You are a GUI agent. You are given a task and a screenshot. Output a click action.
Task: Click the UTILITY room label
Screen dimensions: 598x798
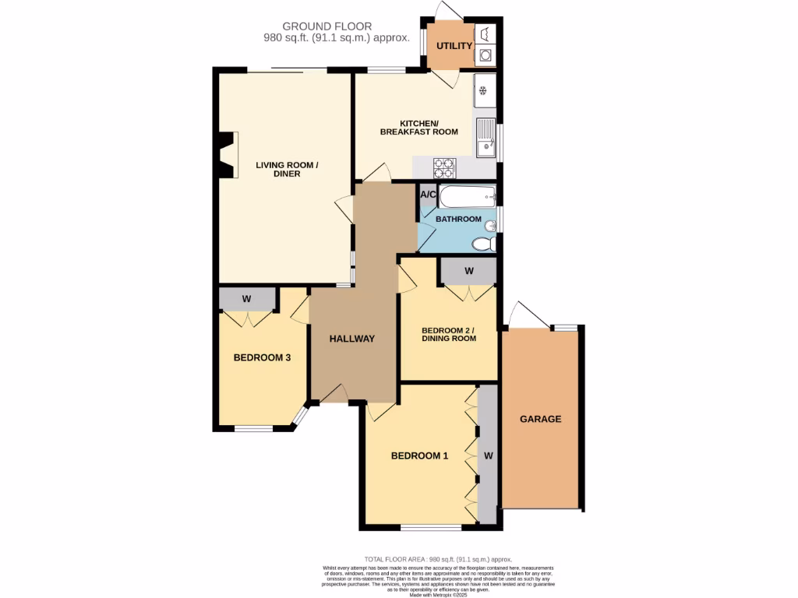454,46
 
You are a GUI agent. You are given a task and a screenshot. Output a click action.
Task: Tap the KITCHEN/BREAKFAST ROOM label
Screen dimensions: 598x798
418,128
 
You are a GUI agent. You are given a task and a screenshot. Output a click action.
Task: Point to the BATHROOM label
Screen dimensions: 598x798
458,220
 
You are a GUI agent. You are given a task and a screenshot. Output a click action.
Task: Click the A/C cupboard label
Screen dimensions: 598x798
428,195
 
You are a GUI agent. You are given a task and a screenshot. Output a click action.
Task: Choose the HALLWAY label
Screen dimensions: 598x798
351,339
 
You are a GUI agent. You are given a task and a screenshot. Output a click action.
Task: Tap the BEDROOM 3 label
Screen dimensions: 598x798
263,358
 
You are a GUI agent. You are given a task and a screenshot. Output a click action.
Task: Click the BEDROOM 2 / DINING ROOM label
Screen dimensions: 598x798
448,333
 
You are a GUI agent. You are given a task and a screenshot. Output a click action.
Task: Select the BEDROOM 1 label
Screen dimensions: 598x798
419,456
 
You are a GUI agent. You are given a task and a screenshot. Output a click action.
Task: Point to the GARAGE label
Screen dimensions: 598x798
540,419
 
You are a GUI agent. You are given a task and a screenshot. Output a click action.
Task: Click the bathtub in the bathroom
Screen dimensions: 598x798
467,195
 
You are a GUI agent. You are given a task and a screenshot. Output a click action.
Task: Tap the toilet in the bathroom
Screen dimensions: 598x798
483,244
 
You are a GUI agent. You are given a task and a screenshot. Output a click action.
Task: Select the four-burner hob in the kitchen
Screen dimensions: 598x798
444,166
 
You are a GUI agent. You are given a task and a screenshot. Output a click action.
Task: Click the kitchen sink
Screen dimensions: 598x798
485,137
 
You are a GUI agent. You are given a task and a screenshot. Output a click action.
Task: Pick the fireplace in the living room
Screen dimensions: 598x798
227,155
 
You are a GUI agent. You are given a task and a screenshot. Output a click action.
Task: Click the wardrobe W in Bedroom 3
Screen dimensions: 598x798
246,298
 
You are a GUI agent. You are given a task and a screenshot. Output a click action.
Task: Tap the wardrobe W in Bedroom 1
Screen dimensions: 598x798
488,454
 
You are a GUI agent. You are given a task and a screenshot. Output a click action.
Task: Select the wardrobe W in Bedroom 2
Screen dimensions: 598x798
468,271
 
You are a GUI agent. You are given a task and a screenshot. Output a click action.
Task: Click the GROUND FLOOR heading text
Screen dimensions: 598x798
327,26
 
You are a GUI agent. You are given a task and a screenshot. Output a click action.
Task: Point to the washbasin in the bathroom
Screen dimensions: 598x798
489,227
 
